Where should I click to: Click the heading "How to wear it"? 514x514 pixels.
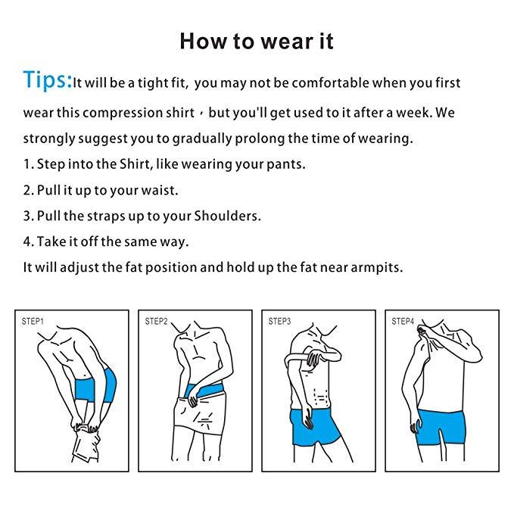coord(257,40)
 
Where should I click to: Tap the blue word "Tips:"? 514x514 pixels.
coord(47,80)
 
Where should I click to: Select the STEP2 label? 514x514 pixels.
coord(156,322)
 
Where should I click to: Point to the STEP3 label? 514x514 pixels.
coord(279,322)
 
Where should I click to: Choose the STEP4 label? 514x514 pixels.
coord(403,322)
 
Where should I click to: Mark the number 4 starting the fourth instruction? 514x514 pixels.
coord(26,241)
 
